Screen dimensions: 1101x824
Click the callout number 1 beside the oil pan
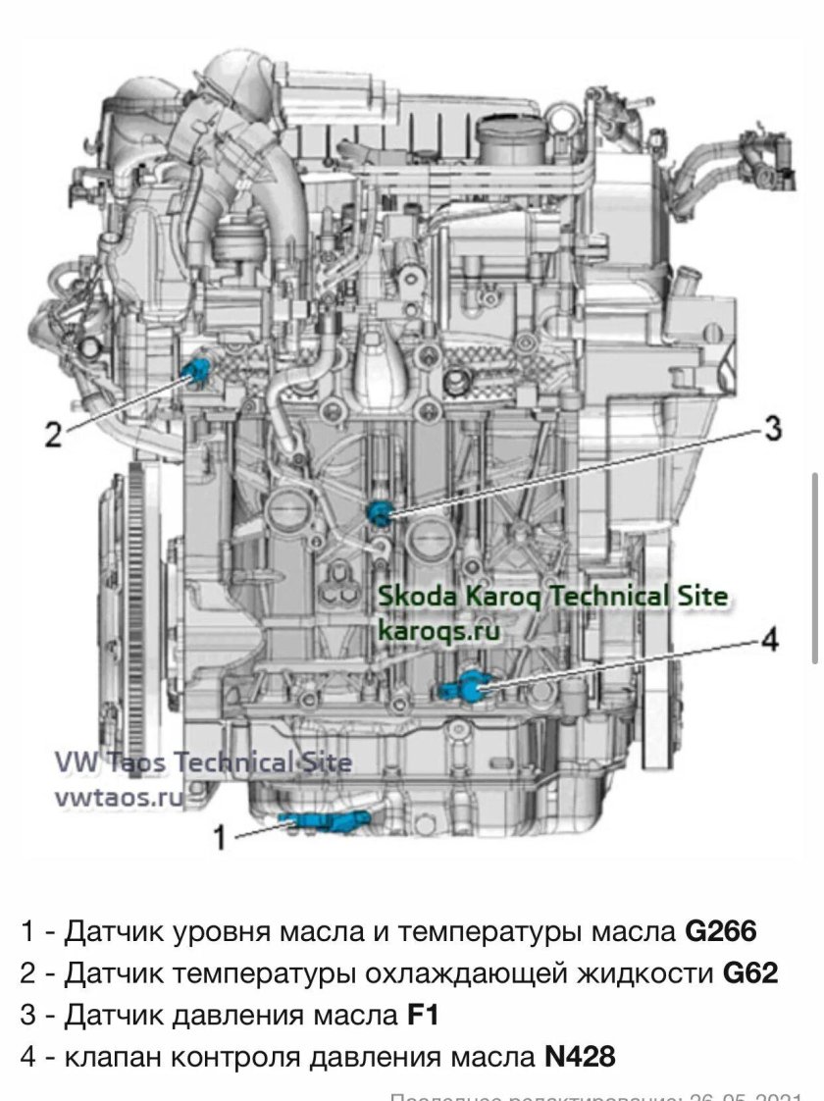tap(221, 837)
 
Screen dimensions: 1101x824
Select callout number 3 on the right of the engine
tap(772, 428)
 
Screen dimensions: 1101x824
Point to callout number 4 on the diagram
tap(770, 640)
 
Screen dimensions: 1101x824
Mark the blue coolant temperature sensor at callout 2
tap(198, 369)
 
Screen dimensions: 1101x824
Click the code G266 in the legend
tap(721, 931)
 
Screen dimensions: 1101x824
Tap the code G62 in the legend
tap(750, 973)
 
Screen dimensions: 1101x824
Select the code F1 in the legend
tap(422, 1015)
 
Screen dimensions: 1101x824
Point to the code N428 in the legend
tap(580, 1057)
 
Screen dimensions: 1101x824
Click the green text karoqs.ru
tap(438, 630)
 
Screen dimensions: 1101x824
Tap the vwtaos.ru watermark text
tap(119, 797)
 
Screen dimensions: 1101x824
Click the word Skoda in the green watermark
tap(412, 595)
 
